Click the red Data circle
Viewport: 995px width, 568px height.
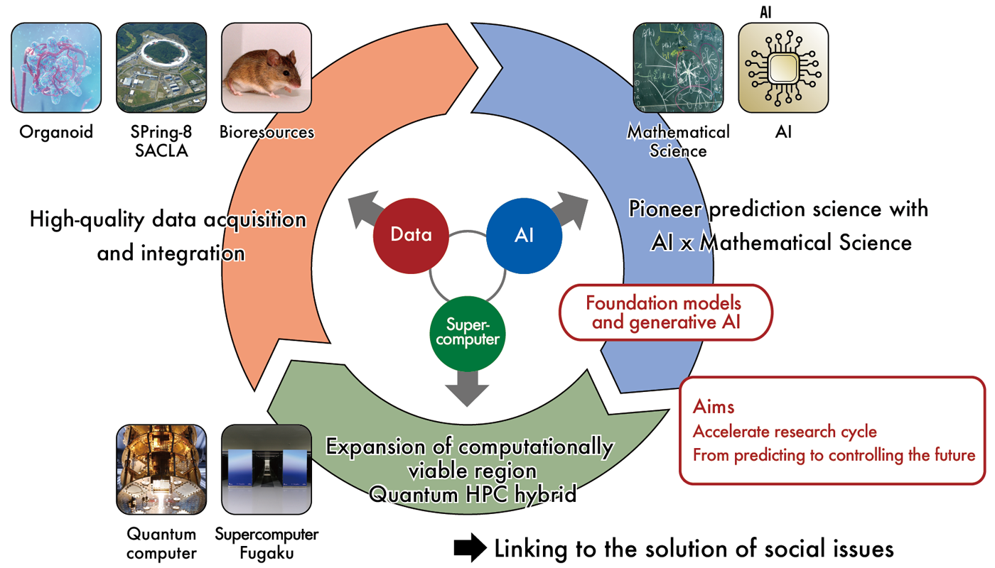pyautogui.click(x=412, y=235)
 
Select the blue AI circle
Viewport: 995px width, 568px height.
pyautogui.click(x=524, y=235)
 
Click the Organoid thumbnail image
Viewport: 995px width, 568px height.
pyautogui.click(x=56, y=67)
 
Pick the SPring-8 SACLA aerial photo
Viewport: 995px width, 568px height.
pyautogui.click(x=161, y=67)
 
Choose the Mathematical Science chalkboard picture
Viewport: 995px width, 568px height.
pyautogui.click(x=678, y=67)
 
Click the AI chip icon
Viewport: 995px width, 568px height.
pyautogui.click(x=783, y=67)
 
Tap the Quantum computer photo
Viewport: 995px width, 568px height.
pyautogui.click(x=161, y=469)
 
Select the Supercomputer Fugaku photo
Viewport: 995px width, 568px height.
pyautogui.click(x=267, y=469)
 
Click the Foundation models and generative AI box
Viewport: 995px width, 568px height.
pyautogui.click(x=663, y=312)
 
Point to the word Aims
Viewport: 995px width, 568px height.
pyautogui.click(x=714, y=407)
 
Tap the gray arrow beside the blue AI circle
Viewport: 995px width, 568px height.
pyautogui.click(x=571, y=209)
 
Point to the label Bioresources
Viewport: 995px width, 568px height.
pyautogui.click(x=267, y=132)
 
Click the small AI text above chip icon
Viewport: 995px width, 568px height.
pyautogui.click(x=765, y=12)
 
